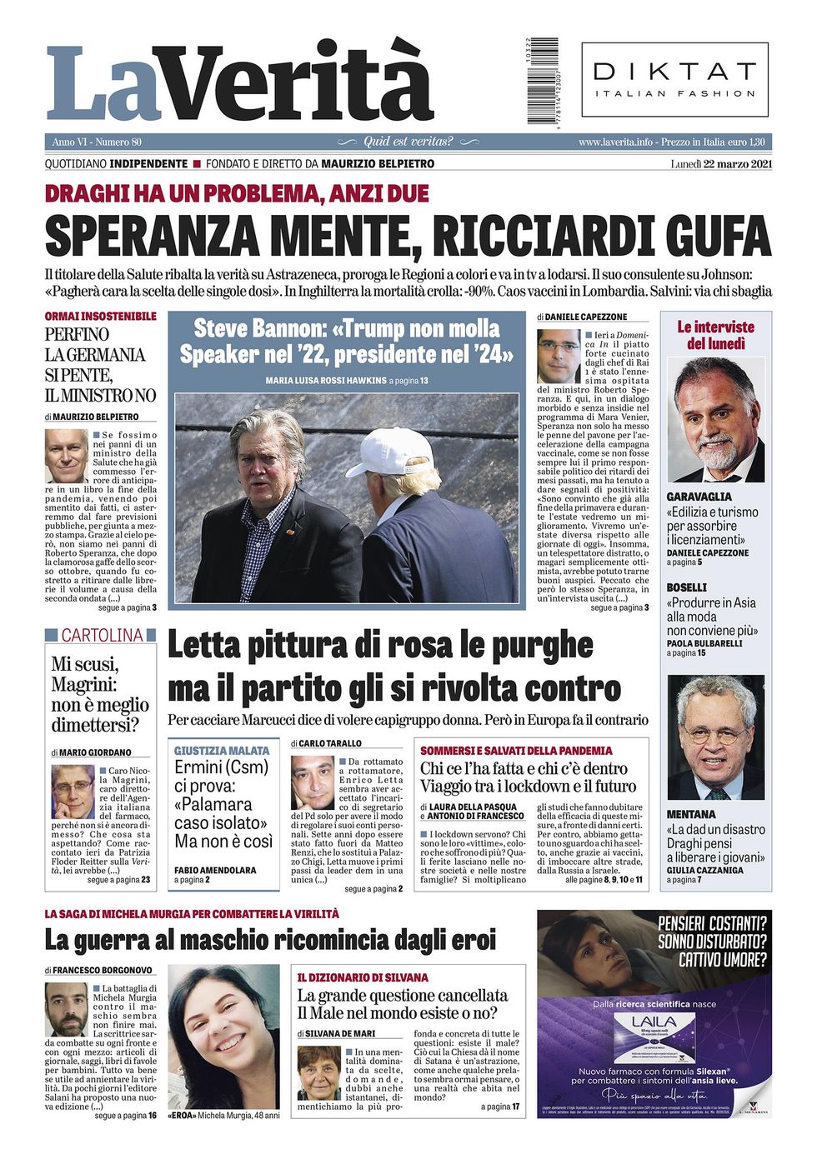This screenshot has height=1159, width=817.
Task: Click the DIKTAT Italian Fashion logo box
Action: point(674,80)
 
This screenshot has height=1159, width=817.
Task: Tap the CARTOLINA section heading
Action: point(101,636)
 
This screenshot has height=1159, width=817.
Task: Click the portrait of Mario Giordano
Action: point(72,792)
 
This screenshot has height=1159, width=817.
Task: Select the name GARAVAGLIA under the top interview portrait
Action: point(699,497)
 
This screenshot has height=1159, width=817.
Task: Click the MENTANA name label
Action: point(691,814)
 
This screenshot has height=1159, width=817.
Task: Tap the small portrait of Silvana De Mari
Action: point(318,1072)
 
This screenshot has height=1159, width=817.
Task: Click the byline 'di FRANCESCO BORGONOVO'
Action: point(99,971)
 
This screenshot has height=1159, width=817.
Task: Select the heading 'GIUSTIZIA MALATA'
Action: point(222,750)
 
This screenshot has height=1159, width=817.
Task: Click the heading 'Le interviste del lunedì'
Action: point(715,335)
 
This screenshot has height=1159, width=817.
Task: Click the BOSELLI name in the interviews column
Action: point(687,587)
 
